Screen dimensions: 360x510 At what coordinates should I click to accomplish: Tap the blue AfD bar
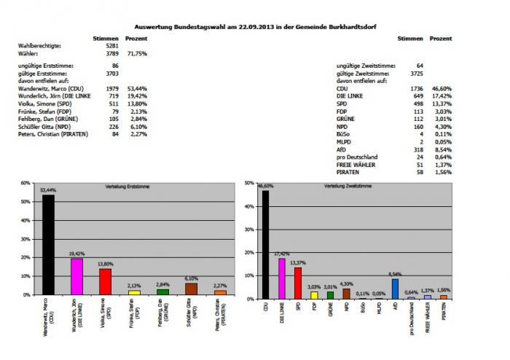point(394,289)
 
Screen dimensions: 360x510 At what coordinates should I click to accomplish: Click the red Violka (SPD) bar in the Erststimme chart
point(105,281)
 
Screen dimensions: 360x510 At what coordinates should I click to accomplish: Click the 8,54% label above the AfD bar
point(394,273)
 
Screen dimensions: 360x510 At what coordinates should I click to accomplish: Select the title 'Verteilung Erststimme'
point(118,186)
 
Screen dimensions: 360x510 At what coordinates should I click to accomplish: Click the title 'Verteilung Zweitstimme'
point(347,186)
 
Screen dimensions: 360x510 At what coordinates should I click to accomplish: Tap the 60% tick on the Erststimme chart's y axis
point(26,183)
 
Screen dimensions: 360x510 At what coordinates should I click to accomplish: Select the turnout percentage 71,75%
point(136,53)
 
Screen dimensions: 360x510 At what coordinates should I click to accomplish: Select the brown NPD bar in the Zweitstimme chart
point(346,294)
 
